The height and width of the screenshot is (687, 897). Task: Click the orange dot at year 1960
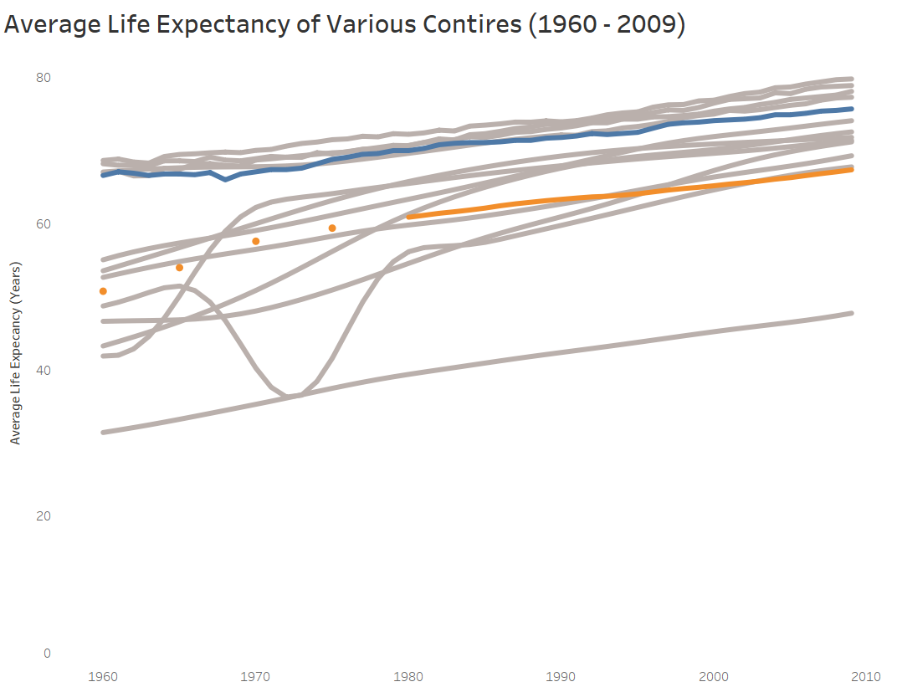click(x=103, y=291)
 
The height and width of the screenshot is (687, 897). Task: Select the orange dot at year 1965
click(x=179, y=268)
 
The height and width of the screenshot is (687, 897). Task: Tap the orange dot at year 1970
click(x=256, y=241)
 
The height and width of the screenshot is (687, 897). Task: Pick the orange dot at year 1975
click(x=332, y=228)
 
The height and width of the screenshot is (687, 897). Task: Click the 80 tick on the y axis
click(x=44, y=78)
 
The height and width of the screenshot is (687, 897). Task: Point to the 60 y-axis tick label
click(x=44, y=224)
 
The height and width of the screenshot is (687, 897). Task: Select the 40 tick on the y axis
click(x=44, y=370)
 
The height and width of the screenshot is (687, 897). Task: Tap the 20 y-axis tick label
click(x=44, y=515)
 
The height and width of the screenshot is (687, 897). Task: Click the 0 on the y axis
click(x=47, y=654)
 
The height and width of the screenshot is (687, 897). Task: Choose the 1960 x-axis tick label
click(x=103, y=675)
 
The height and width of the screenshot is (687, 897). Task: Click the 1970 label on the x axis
click(x=256, y=675)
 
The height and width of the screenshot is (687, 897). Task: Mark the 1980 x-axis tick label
click(x=408, y=675)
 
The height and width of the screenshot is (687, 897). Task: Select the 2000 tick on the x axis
click(x=714, y=675)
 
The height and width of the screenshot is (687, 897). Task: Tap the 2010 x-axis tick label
click(x=866, y=675)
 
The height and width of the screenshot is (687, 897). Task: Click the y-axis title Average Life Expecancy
click(x=16, y=352)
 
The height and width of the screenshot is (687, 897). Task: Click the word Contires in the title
click(x=464, y=25)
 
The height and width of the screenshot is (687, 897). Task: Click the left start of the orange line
click(x=409, y=217)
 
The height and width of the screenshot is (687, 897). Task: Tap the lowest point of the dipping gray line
click(x=287, y=395)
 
